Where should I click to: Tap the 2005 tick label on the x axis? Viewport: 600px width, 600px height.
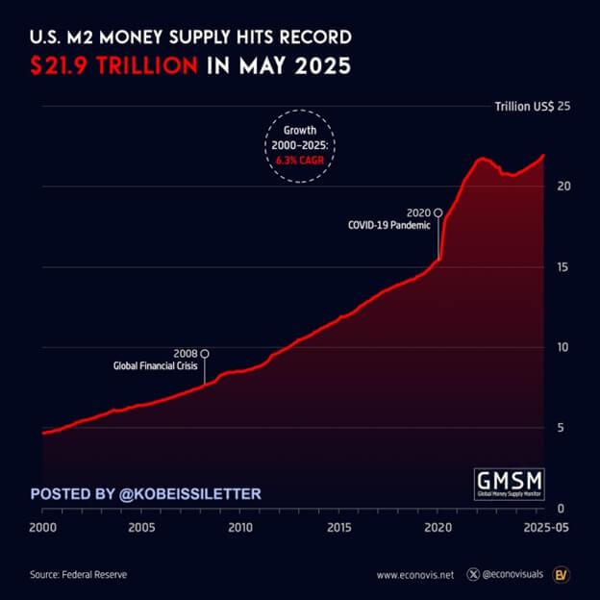point(141,528)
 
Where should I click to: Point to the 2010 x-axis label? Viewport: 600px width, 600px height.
point(240,528)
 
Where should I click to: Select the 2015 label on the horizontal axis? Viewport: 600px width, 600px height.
point(338,528)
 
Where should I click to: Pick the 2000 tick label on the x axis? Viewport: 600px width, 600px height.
point(42,528)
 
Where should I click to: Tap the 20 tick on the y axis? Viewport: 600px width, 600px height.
point(564,186)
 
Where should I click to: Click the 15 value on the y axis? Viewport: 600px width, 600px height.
point(564,266)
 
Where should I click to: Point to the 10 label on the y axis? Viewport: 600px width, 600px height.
point(564,347)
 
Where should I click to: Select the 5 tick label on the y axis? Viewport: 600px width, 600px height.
point(561,428)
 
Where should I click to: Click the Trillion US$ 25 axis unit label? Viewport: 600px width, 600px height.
point(533,106)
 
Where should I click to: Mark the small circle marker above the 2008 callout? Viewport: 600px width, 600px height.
point(204,353)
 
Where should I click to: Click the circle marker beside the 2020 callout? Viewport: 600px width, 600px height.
point(438,212)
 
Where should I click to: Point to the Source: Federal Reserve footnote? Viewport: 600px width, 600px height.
point(79,575)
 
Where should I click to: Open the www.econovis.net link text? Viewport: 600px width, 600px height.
point(414,575)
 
